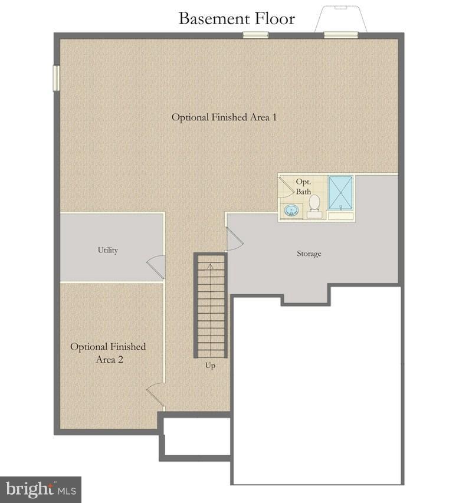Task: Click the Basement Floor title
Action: (237, 18)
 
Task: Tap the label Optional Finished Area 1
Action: (224, 117)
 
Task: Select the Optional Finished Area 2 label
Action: (108, 353)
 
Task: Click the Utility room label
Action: (107, 250)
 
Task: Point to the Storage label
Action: (309, 254)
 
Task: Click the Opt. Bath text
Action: (303, 187)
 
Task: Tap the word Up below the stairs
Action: (210, 366)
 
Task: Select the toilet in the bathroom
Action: (314, 204)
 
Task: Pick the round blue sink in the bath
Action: (290, 211)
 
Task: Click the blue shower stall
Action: (340, 192)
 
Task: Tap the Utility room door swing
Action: (156, 267)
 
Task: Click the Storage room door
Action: (233, 239)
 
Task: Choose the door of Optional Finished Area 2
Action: (156, 393)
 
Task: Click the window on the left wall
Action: (57, 78)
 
